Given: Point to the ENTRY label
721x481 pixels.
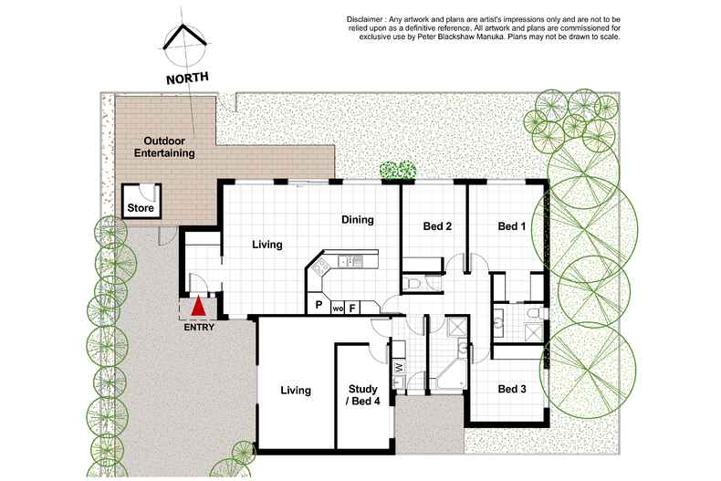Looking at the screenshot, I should pyautogui.click(x=200, y=328).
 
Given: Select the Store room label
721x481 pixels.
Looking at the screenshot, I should pyautogui.click(x=141, y=209).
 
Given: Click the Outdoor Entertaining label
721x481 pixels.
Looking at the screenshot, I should pyautogui.click(x=164, y=148).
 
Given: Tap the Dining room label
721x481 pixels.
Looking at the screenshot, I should pyautogui.click(x=358, y=220).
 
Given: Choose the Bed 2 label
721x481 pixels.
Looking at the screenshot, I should pyautogui.click(x=438, y=226).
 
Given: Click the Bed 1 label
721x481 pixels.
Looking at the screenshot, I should pyautogui.click(x=512, y=226).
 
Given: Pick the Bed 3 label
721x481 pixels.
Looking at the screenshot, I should pyautogui.click(x=512, y=390).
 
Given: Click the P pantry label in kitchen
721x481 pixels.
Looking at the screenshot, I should pyautogui.click(x=319, y=306).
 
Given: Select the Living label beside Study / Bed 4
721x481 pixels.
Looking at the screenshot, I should pyautogui.click(x=295, y=391).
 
